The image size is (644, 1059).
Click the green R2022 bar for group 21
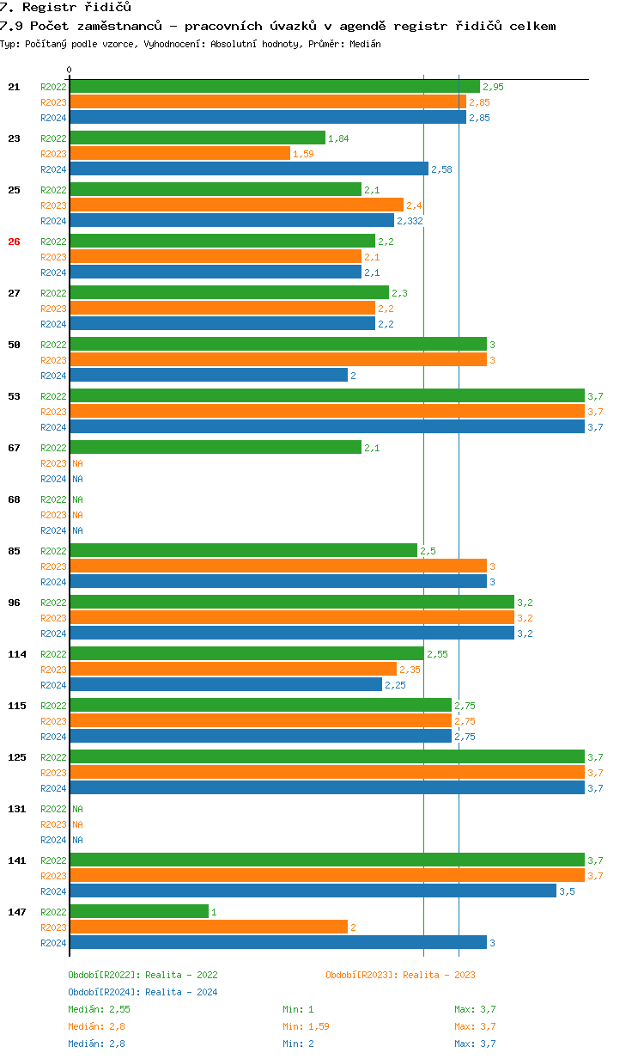(275, 87)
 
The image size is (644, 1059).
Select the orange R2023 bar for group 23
(179, 154)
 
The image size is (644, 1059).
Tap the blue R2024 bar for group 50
(209, 376)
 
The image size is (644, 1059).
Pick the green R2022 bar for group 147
(139, 912)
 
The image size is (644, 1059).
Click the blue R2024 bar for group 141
(313, 891)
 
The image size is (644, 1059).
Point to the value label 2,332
(410, 221)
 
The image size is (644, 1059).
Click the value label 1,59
(303, 154)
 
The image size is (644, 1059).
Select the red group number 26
(14, 242)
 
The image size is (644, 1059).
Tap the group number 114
(17, 654)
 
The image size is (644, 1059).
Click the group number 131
(17, 809)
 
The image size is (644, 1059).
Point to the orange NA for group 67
(77, 463)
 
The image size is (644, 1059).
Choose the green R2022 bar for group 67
(216, 448)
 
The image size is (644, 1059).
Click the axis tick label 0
(70, 70)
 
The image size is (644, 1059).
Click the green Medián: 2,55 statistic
(99, 1009)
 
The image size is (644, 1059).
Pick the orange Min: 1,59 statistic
(306, 1026)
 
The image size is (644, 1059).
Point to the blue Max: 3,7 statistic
(475, 1044)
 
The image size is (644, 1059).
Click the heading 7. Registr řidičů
(65, 8)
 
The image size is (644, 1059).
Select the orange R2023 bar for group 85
(278, 566)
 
